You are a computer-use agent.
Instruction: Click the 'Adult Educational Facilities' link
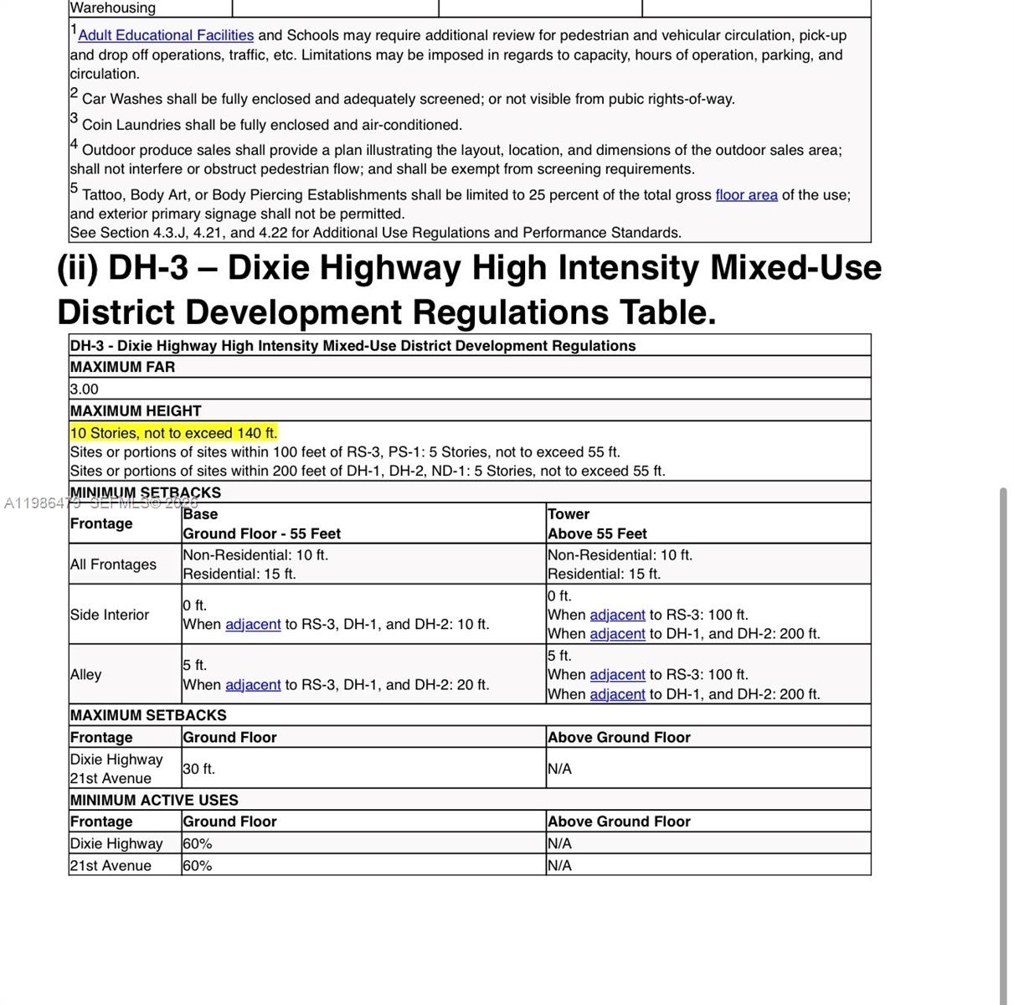pos(166,35)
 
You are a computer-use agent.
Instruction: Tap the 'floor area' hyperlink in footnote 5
pos(746,195)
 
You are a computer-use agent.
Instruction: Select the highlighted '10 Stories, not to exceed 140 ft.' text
pos(173,433)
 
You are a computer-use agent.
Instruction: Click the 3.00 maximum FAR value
pos(85,389)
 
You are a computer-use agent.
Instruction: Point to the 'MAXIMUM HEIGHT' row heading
pos(136,411)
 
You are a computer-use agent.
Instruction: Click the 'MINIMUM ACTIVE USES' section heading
pos(154,800)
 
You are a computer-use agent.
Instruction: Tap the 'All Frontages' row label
pos(113,564)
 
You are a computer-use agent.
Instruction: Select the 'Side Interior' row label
pos(110,615)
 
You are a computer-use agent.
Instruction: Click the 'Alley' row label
pos(85,675)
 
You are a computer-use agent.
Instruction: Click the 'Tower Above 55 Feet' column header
pos(597,523)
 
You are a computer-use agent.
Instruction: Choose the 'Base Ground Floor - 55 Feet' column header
pos(261,523)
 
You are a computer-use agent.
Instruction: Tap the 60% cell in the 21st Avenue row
pos(198,866)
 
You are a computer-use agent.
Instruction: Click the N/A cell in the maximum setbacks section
pos(559,769)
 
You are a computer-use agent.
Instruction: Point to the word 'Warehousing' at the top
pos(113,8)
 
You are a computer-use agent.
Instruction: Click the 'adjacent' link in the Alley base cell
pos(253,685)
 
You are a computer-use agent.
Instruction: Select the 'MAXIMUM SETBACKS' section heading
pos(148,715)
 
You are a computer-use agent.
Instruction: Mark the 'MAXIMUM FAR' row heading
pos(123,367)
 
